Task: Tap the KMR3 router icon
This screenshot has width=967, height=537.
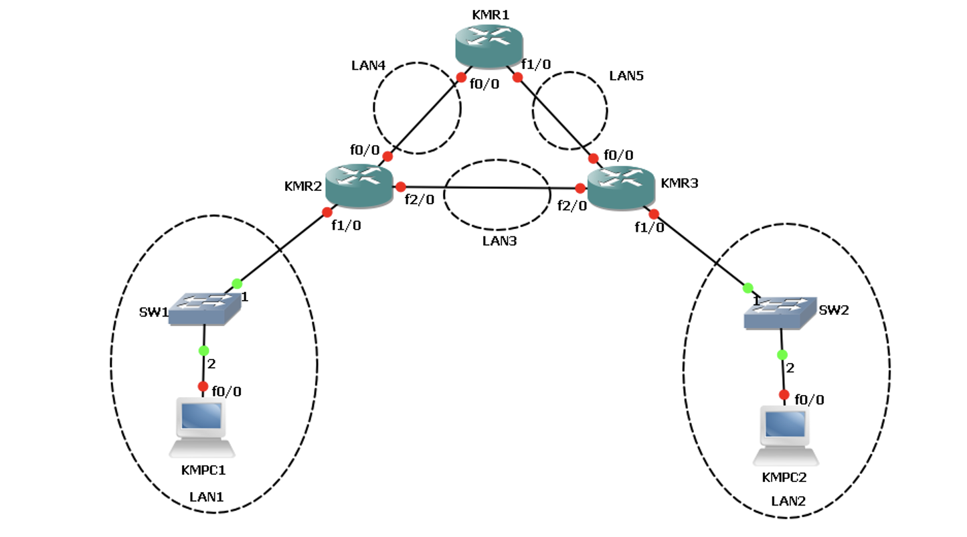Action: tap(620, 186)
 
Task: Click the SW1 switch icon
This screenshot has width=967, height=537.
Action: tap(204, 309)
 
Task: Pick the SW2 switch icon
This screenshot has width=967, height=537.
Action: tap(781, 313)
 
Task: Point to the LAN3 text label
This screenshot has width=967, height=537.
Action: tap(499, 240)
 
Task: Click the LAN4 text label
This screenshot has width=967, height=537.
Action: tap(369, 66)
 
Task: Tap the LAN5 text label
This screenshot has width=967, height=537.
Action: tap(626, 76)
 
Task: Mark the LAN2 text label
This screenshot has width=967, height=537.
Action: tap(788, 500)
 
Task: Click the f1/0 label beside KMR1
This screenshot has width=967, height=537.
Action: tap(537, 64)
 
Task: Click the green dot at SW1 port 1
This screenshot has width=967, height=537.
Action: tap(236, 283)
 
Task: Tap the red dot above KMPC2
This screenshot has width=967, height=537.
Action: tap(784, 394)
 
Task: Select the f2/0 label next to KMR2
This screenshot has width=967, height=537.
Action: tap(420, 199)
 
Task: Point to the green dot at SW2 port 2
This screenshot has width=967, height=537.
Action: tap(782, 354)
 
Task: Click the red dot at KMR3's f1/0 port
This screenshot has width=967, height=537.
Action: tap(654, 214)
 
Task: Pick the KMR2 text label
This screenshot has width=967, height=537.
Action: tap(303, 185)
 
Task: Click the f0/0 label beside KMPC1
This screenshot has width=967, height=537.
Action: tap(227, 391)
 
